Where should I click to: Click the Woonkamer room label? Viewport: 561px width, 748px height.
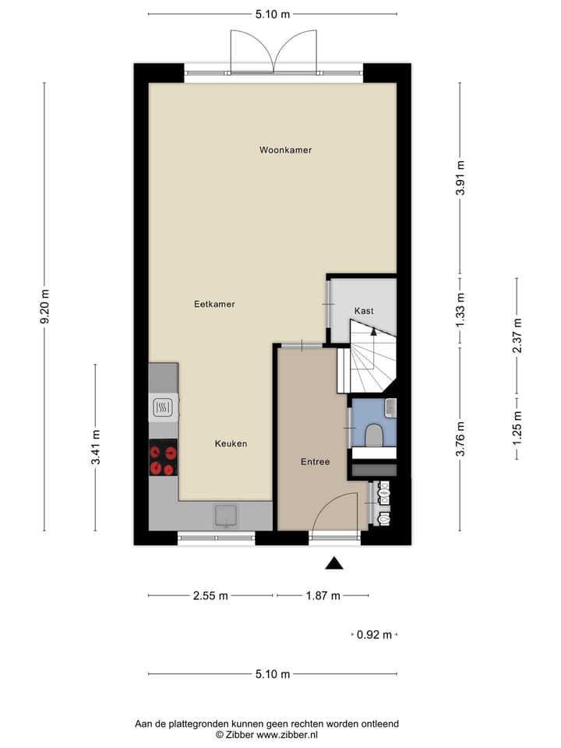[x=285, y=150]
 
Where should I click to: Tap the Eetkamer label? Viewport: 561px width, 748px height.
[x=214, y=304]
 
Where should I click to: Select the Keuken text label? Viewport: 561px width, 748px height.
[x=231, y=443]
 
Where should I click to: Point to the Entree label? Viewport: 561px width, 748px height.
[x=315, y=462]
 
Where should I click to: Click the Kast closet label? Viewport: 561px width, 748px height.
[x=364, y=311]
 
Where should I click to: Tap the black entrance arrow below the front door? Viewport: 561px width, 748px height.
[x=334, y=563]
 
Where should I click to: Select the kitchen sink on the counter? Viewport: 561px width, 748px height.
[x=226, y=515]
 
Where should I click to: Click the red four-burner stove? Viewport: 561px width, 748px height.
[x=163, y=458]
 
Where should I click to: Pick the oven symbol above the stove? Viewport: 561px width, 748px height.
[x=163, y=407]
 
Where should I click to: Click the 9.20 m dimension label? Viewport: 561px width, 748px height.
[x=44, y=308]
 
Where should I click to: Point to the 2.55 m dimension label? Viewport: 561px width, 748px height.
[x=210, y=596]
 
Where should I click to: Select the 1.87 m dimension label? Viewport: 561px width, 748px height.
[x=323, y=596]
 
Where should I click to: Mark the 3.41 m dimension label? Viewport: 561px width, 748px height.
[x=95, y=448]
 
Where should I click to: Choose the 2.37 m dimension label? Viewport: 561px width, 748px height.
[x=516, y=336]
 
